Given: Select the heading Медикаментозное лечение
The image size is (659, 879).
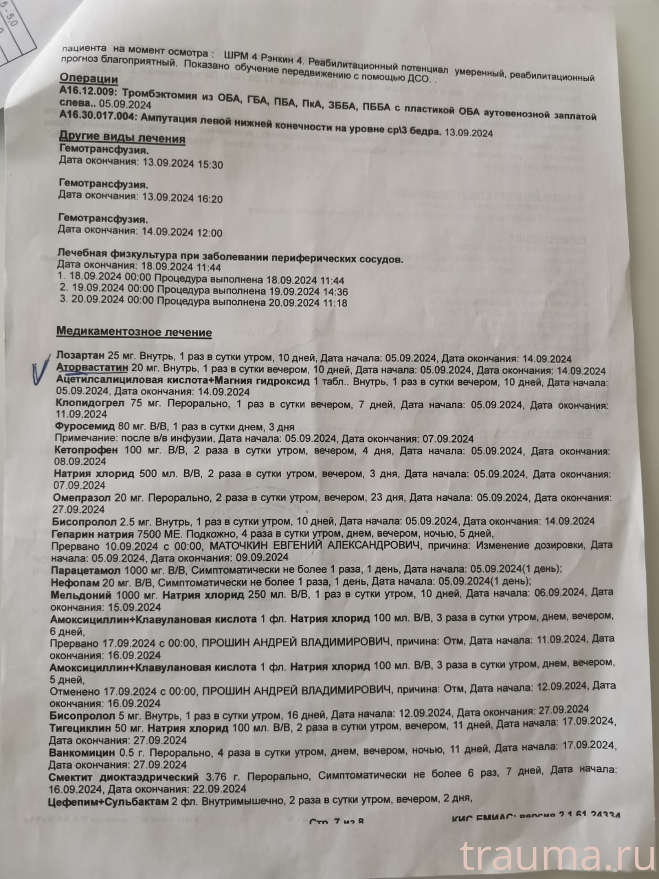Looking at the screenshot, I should tap(135, 332).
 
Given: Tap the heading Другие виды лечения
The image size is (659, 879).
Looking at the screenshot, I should tap(121, 139).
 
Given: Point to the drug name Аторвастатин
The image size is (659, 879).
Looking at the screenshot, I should tap(92, 368).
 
